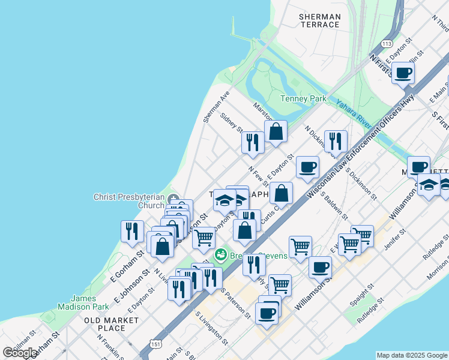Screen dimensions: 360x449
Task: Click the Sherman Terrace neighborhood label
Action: click(x=319, y=21)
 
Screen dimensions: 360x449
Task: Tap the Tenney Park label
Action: click(x=303, y=98)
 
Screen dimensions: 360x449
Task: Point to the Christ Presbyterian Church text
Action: click(x=128, y=201)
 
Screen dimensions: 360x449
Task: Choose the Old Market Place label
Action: click(x=112, y=324)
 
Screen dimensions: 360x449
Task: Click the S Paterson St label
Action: click(x=235, y=302)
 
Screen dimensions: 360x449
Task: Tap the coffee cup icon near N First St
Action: click(x=403, y=73)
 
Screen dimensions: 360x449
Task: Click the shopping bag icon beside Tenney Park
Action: click(x=276, y=131)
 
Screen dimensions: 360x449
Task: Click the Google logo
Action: click(x=20, y=353)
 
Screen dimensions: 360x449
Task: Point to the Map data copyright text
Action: click(x=412, y=355)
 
